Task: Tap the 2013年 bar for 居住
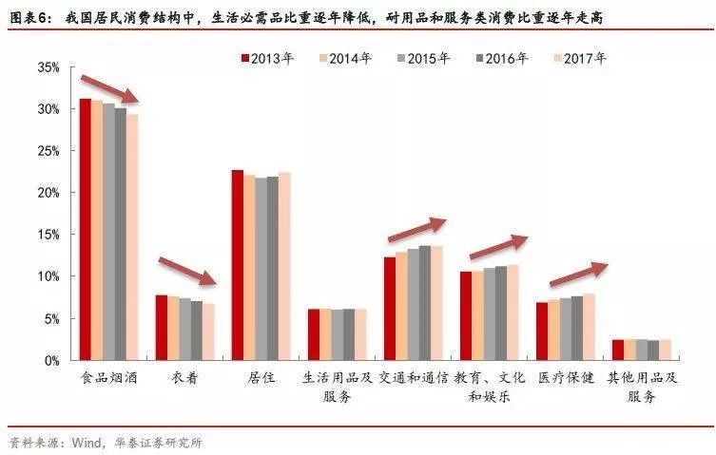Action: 237,265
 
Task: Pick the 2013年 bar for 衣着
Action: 162,328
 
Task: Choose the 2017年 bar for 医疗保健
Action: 590,327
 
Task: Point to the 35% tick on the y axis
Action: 48,67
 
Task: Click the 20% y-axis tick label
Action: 48,193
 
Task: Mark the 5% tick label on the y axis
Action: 52,318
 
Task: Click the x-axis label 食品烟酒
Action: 107,378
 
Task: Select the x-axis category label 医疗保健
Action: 566,378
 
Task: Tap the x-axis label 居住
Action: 261,378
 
